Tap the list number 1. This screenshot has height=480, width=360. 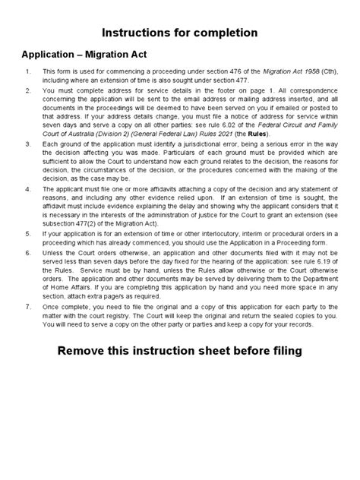(x=27, y=73)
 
